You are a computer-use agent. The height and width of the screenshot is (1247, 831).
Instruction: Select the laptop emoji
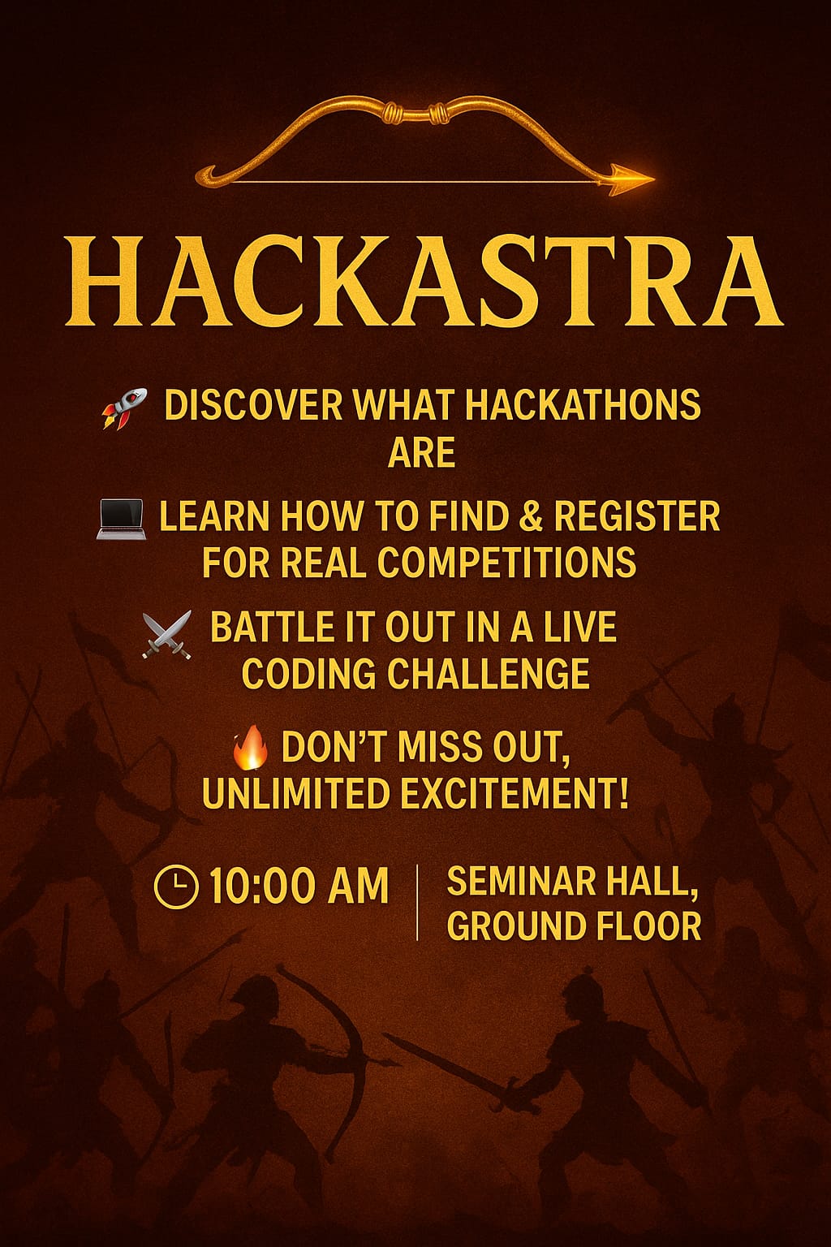(x=121, y=519)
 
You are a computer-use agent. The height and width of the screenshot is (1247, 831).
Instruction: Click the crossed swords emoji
(x=167, y=635)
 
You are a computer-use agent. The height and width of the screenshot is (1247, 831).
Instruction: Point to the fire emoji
(x=251, y=748)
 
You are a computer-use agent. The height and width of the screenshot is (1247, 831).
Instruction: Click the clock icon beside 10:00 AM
(x=175, y=886)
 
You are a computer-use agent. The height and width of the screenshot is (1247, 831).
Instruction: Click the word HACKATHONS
(x=583, y=405)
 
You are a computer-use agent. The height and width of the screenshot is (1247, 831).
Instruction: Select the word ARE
(x=421, y=451)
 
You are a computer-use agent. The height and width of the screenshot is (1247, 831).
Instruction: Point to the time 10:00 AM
(x=299, y=886)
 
